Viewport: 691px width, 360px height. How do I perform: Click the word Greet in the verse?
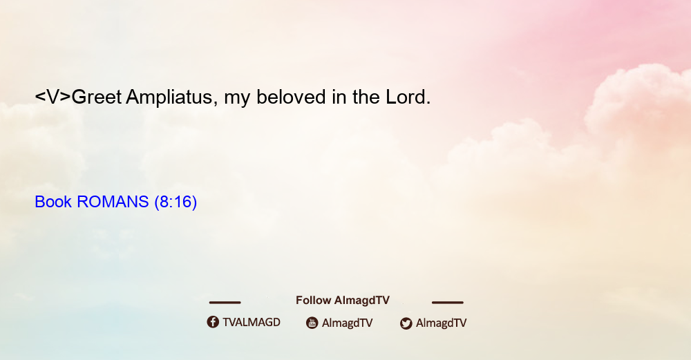point(97,97)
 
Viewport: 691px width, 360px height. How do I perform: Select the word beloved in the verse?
point(291,97)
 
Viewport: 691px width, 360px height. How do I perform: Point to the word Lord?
point(408,97)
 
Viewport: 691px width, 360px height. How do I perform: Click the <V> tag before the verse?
point(53,97)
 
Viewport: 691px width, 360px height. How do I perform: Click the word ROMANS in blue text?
point(113,202)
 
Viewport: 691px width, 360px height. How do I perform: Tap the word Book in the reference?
point(53,202)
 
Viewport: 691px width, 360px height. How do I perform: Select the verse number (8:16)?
point(176,202)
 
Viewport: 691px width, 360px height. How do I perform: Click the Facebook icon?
point(213,322)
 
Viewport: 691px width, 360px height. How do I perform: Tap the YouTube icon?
point(312,323)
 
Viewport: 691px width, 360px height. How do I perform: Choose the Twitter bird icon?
point(406,323)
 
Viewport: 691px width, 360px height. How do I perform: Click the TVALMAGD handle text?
point(252,322)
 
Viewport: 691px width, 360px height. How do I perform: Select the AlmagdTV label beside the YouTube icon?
point(348,323)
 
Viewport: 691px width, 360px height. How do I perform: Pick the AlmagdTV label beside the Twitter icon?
point(441,323)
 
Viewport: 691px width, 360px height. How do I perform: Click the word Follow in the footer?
point(313,300)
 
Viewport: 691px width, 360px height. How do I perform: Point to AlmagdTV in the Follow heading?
point(362,300)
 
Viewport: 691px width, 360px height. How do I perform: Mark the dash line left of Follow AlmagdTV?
point(225,302)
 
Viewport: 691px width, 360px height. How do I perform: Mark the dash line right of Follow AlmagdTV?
point(448,302)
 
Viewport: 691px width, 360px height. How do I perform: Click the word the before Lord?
point(366,97)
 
